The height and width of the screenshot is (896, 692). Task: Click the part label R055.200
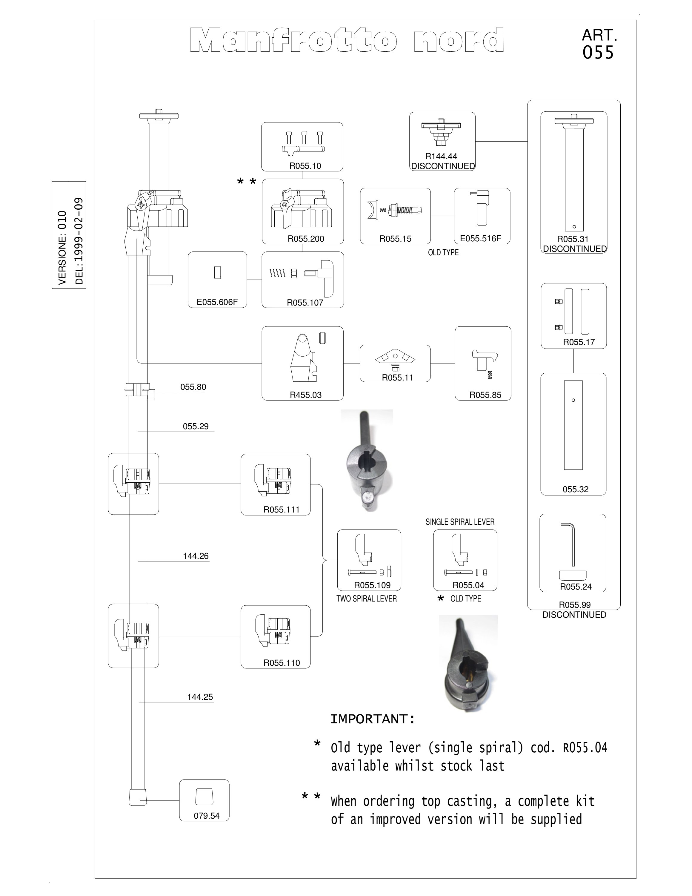[306, 239]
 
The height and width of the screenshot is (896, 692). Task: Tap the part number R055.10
[305, 166]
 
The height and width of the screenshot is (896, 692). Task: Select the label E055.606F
[217, 302]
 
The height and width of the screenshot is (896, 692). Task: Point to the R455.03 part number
[306, 395]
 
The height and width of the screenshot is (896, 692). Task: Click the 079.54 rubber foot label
[207, 816]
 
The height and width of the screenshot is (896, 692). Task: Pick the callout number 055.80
[193, 387]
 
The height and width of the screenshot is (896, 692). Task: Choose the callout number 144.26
[196, 556]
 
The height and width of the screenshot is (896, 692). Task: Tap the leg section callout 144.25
[200, 696]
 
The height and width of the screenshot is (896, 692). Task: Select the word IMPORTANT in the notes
[372, 719]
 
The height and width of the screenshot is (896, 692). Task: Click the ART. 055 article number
[599, 44]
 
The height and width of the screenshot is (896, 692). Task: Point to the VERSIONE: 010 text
[62, 248]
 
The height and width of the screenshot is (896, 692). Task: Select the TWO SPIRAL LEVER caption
[367, 599]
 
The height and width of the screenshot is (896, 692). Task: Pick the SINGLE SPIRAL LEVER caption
[460, 522]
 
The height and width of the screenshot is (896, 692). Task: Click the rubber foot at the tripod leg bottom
[137, 797]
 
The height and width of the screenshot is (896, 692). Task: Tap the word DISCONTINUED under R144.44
[443, 166]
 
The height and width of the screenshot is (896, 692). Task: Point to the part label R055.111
[282, 510]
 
